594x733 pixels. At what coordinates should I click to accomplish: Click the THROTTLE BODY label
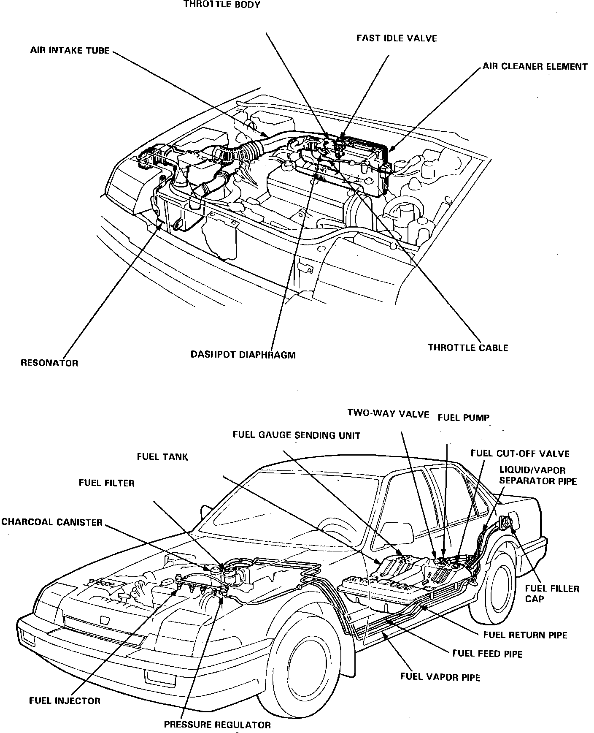click(x=222, y=5)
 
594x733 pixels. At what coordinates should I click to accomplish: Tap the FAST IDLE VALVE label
click(x=396, y=38)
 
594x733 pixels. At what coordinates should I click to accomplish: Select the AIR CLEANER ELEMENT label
click(x=535, y=67)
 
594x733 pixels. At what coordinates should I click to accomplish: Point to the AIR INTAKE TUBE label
click(x=70, y=51)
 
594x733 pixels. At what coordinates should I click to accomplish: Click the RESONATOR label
click(x=49, y=363)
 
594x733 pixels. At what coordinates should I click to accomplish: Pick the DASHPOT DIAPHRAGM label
click(x=243, y=354)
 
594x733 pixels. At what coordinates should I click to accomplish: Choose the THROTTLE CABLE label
click(x=467, y=347)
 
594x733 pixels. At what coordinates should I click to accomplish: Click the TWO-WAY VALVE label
click(x=388, y=413)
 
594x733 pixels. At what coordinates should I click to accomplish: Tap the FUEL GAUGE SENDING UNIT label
click(x=296, y=435)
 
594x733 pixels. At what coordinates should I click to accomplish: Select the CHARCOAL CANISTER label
click(x=52, y=522)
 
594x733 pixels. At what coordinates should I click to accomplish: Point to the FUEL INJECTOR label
click(x=65, y=701)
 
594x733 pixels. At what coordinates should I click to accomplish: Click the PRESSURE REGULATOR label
click(x=217, y=725)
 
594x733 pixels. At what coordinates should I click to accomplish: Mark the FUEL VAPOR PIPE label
click(x=440, y=677)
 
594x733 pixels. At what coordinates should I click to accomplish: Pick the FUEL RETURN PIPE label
click(x=525, y=635)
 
